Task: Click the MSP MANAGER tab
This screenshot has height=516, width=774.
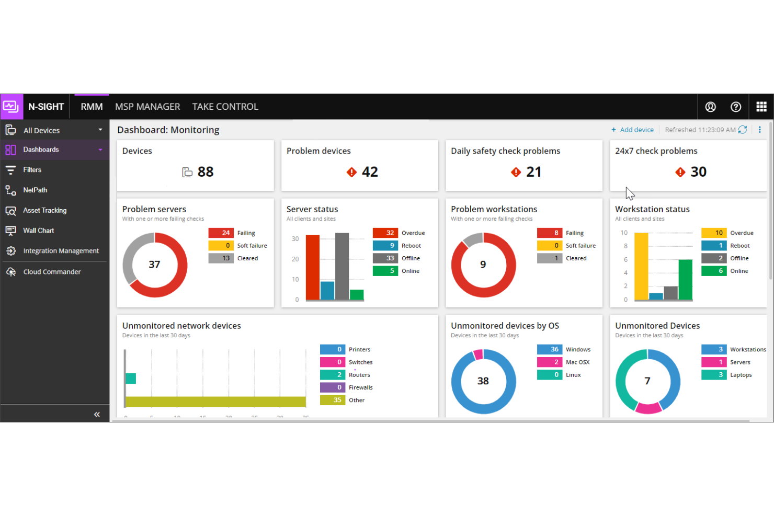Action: (x=147, y=107)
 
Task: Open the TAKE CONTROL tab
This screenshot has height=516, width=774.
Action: (x=225, y=107)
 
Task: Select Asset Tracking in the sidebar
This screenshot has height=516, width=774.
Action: (x=44, y=210)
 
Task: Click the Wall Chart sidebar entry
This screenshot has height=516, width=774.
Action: (x=38, y=231)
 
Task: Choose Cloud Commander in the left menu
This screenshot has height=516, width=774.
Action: (x=52, y=272)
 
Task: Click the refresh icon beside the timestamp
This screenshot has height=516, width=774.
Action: (x=742, y=130)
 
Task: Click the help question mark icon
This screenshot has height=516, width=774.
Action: (x=735, y=107)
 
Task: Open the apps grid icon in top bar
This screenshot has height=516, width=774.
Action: (x=761, y=107)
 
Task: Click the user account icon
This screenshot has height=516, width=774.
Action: (x=710, y=107)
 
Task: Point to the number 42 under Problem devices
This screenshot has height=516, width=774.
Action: (x=370, y=172)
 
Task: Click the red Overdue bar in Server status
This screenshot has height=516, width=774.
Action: (x=313, y=267)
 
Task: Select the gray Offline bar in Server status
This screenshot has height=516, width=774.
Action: (x=342, y=266)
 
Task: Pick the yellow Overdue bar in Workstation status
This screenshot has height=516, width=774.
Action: (x=641, y=266)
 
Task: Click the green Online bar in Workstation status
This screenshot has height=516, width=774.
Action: (x=685, y=279)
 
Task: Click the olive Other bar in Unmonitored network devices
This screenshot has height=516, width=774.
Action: (x=215, y=402)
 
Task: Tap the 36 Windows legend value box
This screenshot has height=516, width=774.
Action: (x=549, y=349)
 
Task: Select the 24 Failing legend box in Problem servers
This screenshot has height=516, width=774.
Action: (x=221, y=233)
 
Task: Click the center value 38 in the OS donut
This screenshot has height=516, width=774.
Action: (x=483, y=381)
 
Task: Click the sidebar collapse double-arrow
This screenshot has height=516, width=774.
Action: (x=97, y=415)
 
